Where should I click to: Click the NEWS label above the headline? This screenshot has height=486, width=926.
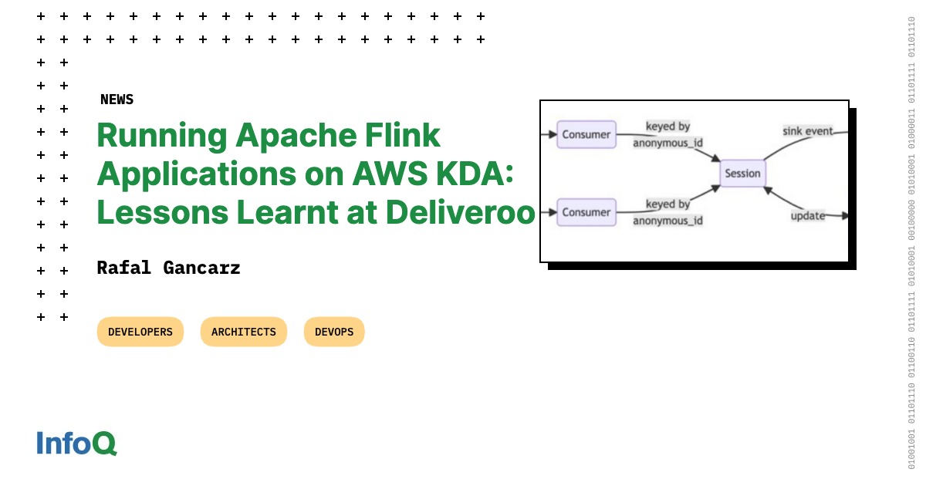click(117, 100)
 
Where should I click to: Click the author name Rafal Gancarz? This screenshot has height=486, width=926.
click(168, 268)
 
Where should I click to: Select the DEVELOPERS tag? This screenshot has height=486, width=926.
click(140, 332)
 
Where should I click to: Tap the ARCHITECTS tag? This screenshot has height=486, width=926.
click(243, 332)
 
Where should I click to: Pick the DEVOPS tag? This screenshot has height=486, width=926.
click(334, 332)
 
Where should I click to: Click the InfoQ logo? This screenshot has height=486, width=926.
click(76, 443)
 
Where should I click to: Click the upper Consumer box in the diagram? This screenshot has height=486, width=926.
click(586, 134)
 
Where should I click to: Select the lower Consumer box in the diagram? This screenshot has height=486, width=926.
click(586, 212)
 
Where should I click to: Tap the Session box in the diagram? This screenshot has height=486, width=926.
click(742, 174)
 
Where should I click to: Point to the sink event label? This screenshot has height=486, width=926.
click(808, 131)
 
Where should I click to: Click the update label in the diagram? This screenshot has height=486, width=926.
click(807, 215)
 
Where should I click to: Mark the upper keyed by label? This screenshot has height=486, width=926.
click(667, 127)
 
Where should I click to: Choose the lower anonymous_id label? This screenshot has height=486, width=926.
click(667, 221)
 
